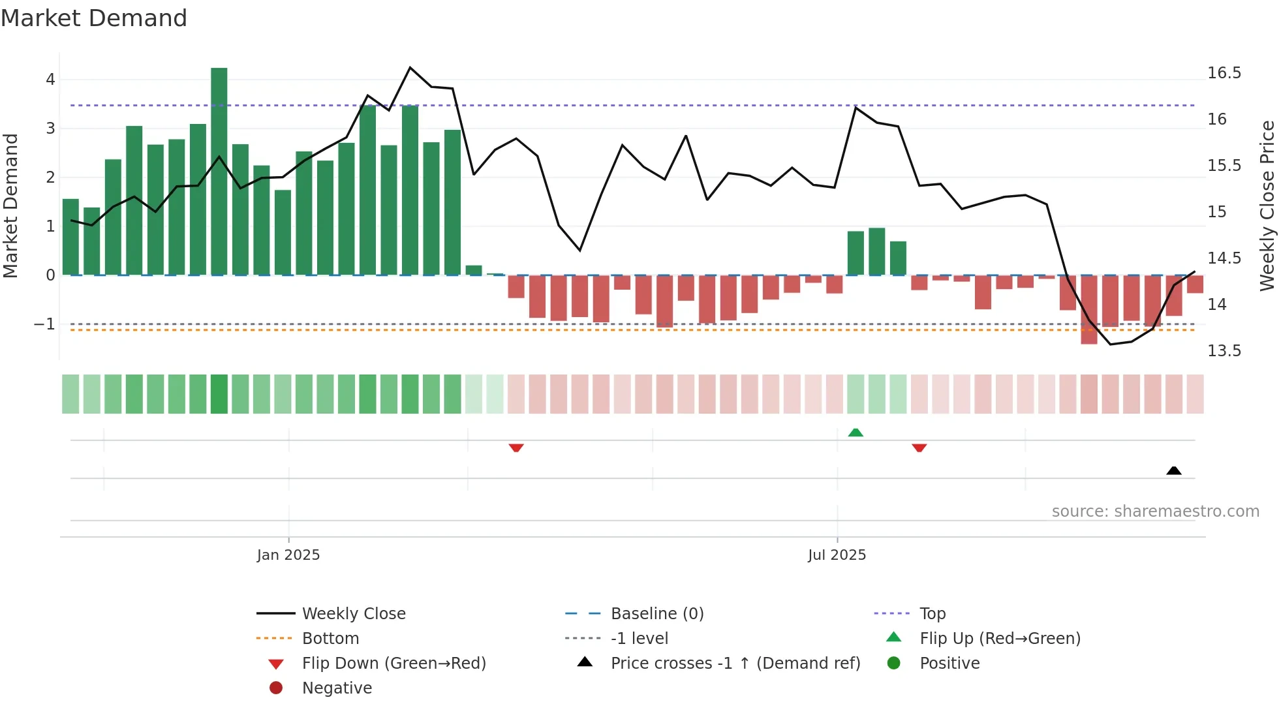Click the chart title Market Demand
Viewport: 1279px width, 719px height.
(x=94, y=18)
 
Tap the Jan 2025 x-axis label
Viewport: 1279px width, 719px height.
(x=288, y=555)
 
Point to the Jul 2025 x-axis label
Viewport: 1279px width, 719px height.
(x=837, y=555)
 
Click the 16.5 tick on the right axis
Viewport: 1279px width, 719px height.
(x=1224, y=73)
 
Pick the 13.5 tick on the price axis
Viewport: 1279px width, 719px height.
(x=1224, y=351)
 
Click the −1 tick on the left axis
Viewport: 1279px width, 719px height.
(x=44, y=324)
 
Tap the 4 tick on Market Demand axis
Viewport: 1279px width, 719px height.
(x=50, y=80)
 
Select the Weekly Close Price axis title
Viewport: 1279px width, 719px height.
(x=1267, y=206)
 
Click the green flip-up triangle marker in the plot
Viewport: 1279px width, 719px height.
(x=855, y=433)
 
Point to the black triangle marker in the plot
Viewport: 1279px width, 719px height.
(x=1174, y=470)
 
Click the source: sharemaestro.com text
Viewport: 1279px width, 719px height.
(x=1155, y=512)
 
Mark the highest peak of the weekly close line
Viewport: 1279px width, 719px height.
(x=410, y=68)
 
